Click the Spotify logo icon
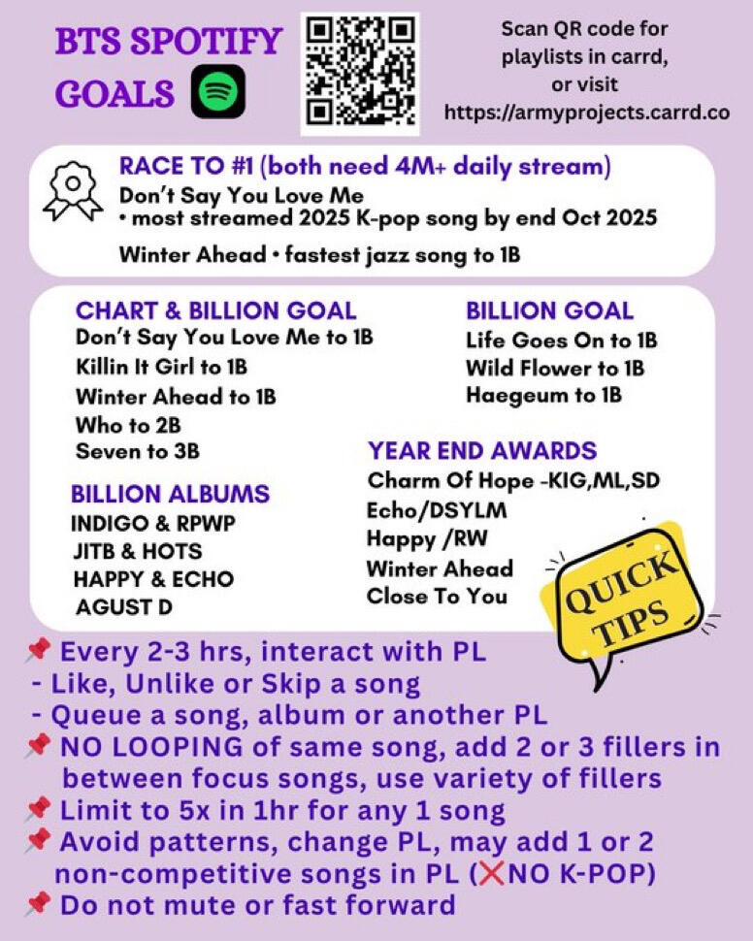(x=217, y=93)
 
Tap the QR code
(x=360, y=74)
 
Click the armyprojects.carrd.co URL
(x=586, y=113)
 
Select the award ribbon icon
(x=67, y=189)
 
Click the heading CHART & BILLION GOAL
(x=215, y=311)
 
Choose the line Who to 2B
(x=128, y=425)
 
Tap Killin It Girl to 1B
(x=161, y=368)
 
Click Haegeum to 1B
(x=543, y=396)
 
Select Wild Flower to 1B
(x=554, y=369)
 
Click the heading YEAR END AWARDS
(x=482, y=451)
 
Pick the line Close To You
(x=437, y=596)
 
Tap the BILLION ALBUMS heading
(x=170, y=494)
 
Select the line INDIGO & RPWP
(x=153, y=524)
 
